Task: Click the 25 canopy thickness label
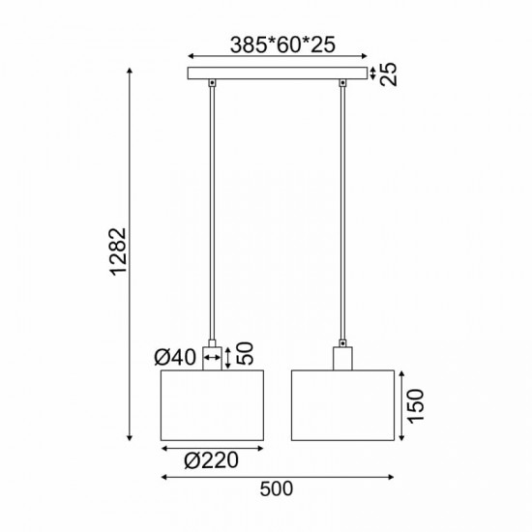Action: (x=389, y=74)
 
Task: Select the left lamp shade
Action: (x=212, y=404)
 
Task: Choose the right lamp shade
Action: (x=344, y=404)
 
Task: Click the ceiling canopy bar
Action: (x=278, y=74)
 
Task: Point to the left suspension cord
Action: (x=211, y=213)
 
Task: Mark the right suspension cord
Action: (x=342, y=213)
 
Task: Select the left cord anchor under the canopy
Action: (x=211, y=87)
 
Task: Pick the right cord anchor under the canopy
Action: (x=342, y=87)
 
